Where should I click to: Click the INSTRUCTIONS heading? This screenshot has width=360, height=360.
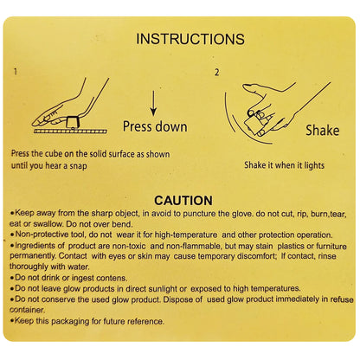(190, 39)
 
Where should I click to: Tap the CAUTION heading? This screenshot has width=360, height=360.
(183, 201)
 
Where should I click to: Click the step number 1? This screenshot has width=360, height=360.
(16, 71)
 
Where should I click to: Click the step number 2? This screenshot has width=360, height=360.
(216, 72)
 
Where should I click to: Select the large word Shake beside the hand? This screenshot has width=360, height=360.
(323, 130)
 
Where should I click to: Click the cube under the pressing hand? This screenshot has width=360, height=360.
(73, 122)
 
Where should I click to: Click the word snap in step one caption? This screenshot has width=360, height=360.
(78, 166)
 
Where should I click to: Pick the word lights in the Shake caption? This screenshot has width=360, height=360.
(314, 165)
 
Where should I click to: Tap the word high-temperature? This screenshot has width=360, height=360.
(186, 235)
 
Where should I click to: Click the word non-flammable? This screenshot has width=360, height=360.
(189, 246)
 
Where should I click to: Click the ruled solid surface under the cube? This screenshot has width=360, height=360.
(70, 132)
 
